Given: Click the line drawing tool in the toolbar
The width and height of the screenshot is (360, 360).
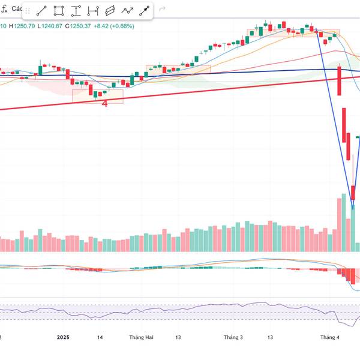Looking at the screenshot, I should coord(42,11).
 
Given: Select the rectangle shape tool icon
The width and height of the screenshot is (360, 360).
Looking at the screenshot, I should coord(59,11).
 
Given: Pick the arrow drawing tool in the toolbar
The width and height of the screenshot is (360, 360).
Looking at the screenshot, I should coord(145,11).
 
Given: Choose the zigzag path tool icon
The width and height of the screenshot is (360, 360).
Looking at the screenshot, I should coord(127,11).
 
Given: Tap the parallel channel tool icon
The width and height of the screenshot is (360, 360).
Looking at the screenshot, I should coord(110,11).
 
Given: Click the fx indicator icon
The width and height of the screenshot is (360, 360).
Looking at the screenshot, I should coord(5,9).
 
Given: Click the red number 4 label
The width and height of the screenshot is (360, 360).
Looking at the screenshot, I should coord(104,103).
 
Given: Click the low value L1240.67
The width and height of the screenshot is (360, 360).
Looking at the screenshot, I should coord(53,26).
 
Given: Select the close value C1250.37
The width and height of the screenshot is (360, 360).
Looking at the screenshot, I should coord(80,26).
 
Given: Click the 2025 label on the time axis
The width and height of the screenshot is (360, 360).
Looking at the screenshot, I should coord(64,338).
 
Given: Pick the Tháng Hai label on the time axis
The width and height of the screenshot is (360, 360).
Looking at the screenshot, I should coord(141,338).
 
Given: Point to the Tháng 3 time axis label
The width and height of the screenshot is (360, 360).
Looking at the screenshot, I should coord(232,338).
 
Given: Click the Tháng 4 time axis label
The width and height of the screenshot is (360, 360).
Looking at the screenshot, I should coord(329,338).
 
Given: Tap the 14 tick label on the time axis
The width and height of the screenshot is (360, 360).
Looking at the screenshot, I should coord(100,338).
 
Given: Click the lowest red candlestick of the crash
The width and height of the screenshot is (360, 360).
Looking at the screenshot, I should coord(353,193).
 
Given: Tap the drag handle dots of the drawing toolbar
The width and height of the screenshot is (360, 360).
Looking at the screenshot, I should coord(27,11).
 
